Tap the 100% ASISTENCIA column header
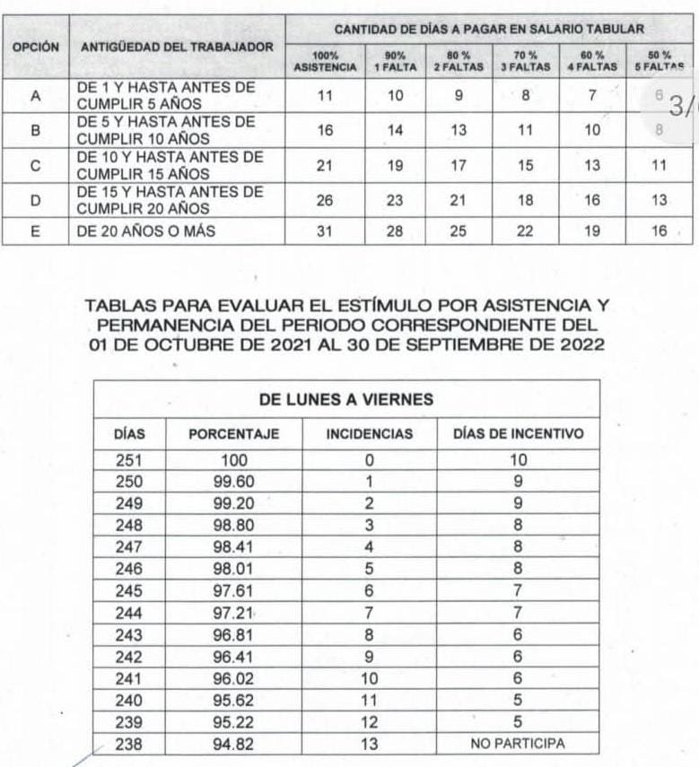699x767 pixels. [325, 61]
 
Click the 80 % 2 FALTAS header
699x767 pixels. [459, 61]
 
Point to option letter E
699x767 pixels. [37, 231]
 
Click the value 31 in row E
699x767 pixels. [325, 231]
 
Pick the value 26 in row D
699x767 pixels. [325, 201]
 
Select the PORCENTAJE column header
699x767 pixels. [233, 434]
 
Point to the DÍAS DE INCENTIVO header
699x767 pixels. [518, 434]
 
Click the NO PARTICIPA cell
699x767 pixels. [518, 744]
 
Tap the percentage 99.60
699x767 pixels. [233, 481]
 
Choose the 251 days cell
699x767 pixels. [129, 461]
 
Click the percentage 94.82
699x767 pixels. [233, 744]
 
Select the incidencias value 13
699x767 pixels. [369, 744]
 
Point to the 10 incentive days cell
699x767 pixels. [518, 461]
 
